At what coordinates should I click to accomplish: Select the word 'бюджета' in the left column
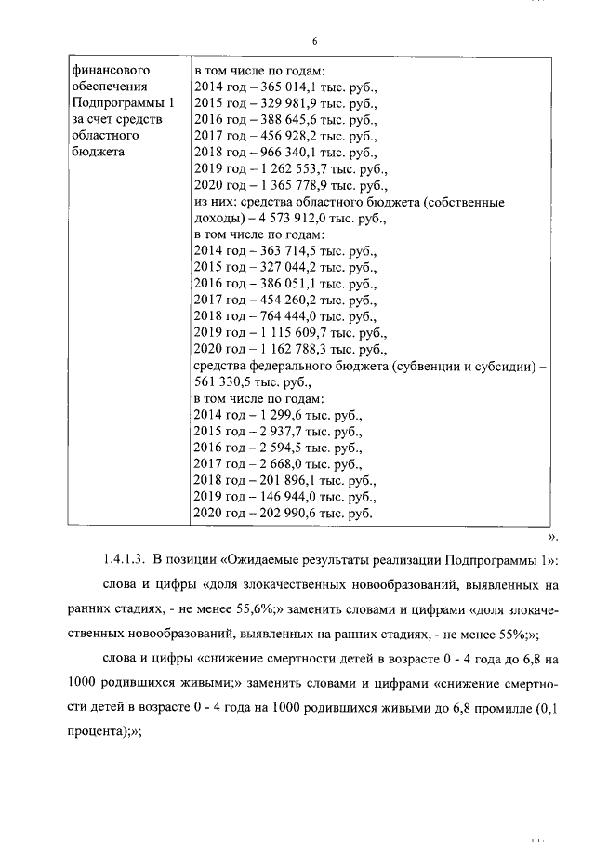(x=94, y=154)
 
